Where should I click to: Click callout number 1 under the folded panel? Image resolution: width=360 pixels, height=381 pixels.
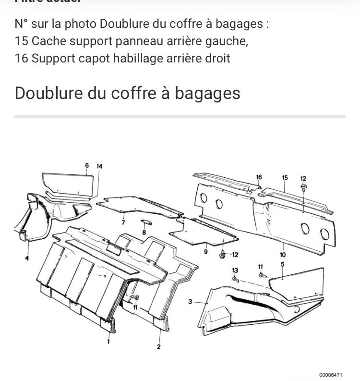point(108,342)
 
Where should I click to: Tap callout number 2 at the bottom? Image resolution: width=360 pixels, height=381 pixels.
point(159,346)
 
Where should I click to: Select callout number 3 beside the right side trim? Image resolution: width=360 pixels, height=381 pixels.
point(190,302)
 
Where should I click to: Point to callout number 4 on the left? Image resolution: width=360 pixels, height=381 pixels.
point(26,258)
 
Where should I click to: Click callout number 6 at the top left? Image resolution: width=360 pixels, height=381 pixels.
point(87,166)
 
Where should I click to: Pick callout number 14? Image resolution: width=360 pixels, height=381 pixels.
point(99,166)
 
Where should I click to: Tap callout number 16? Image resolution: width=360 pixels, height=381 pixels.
point(259,177)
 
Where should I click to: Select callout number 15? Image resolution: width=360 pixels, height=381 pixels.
point(285,178)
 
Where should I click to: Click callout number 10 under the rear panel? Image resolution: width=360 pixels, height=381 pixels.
point(282,255)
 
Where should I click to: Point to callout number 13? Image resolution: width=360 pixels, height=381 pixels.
point(235,270)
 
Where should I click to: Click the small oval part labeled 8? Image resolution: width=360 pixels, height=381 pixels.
point(144,221)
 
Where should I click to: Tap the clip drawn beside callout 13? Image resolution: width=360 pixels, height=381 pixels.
point(235,279)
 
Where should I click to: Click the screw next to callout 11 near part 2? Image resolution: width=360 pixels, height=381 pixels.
point(132,298)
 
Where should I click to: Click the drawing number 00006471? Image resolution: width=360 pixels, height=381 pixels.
point(331,375)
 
